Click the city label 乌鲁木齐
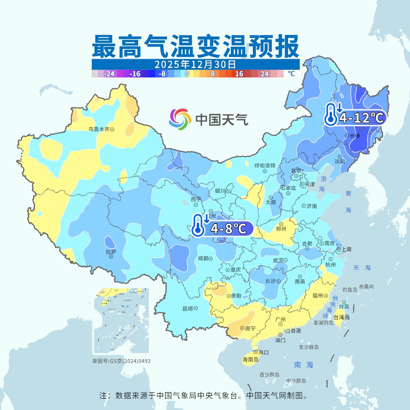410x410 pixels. [x=99, y=129]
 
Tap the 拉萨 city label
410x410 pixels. [x=111, y=251]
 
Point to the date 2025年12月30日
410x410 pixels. [x=195, y=64]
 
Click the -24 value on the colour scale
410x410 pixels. [x=109, y=74]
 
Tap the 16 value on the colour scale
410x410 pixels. [x=239, y=74]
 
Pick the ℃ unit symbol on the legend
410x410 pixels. [x=291, y=74]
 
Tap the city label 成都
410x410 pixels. [x=203, y=259]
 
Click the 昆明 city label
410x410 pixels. [x=188, y=309]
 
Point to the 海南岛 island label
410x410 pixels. [x=250, y=360]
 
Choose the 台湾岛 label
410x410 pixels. [x=342, y=317]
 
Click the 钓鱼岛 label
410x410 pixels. [x=349, y=290]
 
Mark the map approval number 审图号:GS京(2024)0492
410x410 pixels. [x=121, y=361]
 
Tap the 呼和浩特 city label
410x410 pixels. [x=265, y=166]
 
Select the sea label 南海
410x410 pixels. [x=304, y=365]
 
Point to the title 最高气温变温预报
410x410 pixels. [x=195, y=46]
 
